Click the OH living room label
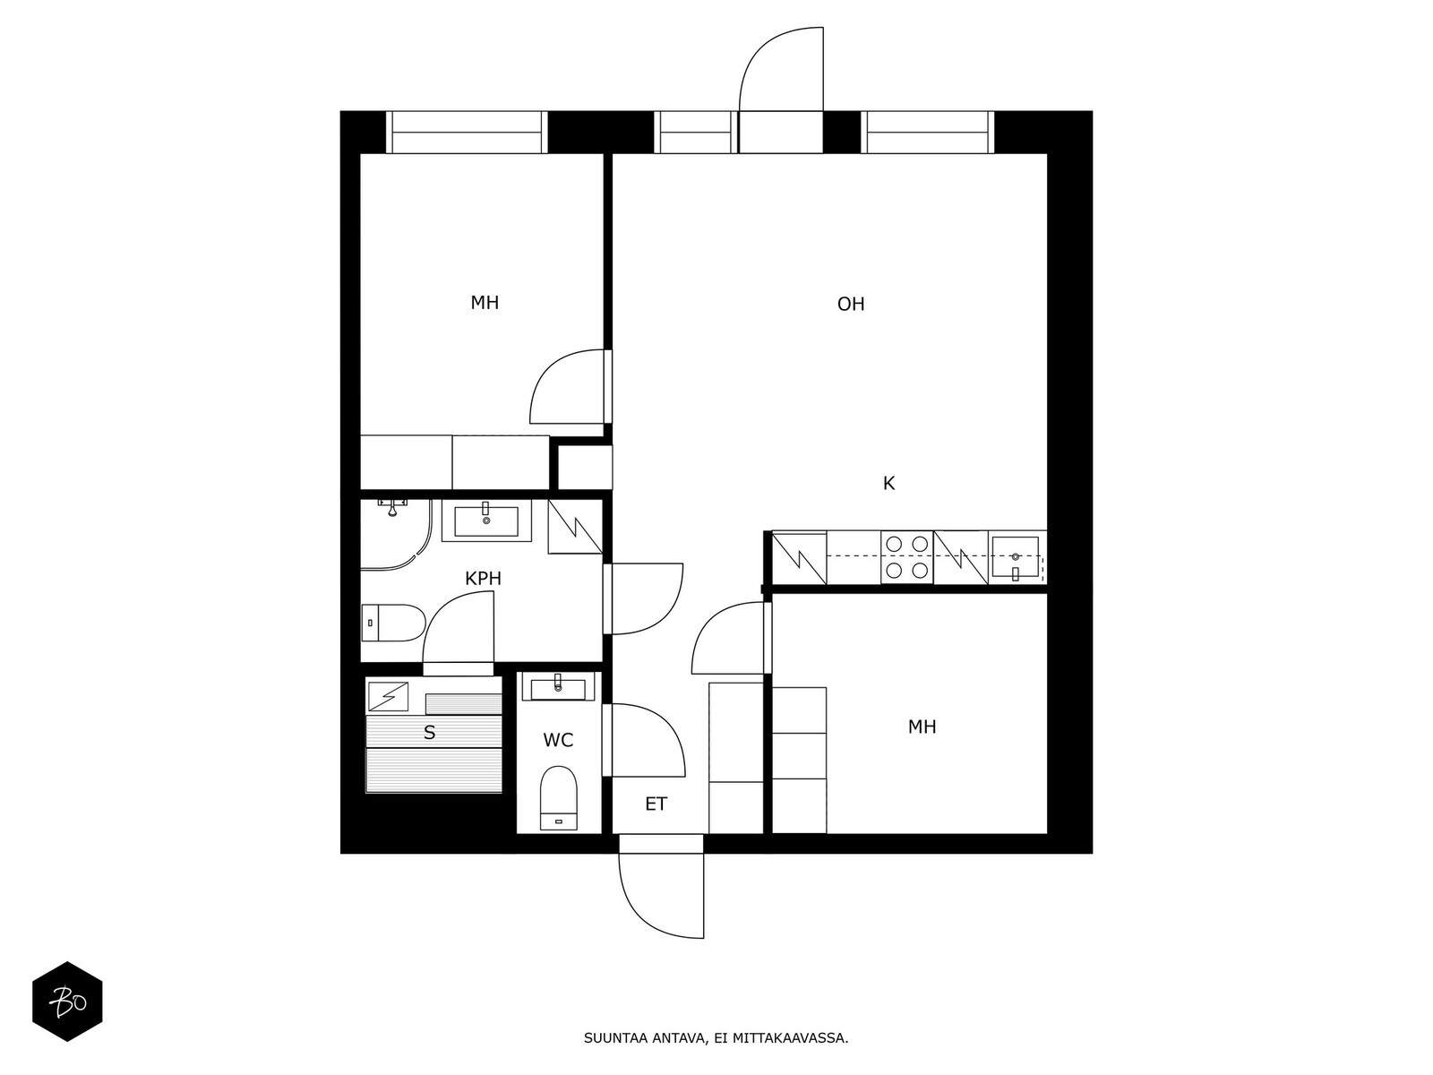click(850, 304)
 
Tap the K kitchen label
click(888, 483)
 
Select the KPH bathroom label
click(483, 579)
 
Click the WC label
click(558, 740)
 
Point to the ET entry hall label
click(656, 804)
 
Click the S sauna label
click(429, 732)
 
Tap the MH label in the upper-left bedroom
click(485, 302)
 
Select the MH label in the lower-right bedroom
click(922, 727)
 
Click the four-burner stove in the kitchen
click(906, 556)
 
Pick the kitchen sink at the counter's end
click(1015, 558)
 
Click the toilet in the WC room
click(558, 798)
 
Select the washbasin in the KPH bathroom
click(485, 520)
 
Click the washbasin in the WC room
click(558, 688)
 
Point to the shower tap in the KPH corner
click(391, 507)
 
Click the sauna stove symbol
click(389, 696)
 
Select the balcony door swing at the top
click(781, 69)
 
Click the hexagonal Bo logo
click(68, 1002)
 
